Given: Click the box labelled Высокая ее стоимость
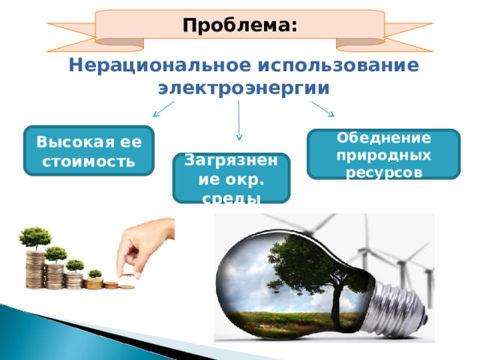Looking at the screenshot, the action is pyautogui.click(x=88, y=151).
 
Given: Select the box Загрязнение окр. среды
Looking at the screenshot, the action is pyautogui.click(x=231, y=178).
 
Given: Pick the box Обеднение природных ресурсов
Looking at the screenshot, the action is pyautogui.click(x=383, y=154).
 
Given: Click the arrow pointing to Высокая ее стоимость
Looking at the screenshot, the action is pyautogui.click(x=163, y=109).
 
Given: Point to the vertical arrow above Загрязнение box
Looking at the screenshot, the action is pyautogui.click(x=239, y=120).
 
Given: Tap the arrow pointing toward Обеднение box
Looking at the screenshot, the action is pyautogui.click(x=323, y=109).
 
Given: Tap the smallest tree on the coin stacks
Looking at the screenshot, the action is pyautogui.click(x=95, y=274).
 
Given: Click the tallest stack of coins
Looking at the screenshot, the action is pyautogui.click(x=35, y=269).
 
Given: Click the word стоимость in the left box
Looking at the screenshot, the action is pyautogui.click(x=88, y=161).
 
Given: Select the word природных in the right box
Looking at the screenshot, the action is pyautogui.click(x=383, y=155).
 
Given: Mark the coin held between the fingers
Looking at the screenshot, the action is pyautogui.click(x=127, y=275).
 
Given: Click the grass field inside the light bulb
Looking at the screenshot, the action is pyautogui.click(x=294, y=322).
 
